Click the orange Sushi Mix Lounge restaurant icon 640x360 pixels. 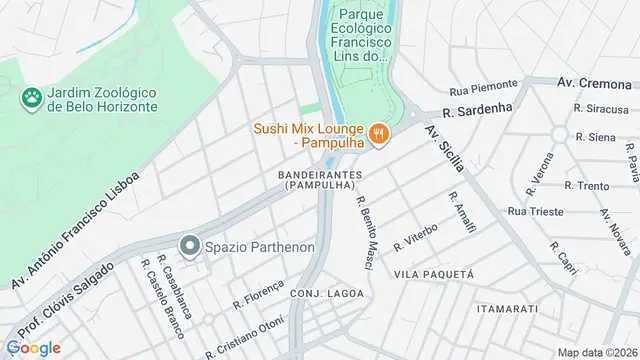378,132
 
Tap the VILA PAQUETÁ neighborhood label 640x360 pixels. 433,273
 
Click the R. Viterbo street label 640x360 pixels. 417,236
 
